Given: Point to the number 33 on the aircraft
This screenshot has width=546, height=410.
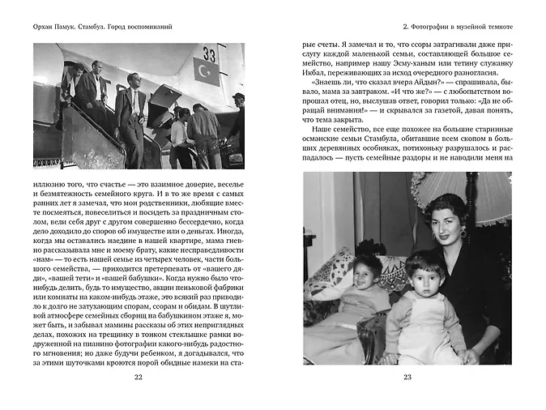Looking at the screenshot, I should click(x=210, y=55).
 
